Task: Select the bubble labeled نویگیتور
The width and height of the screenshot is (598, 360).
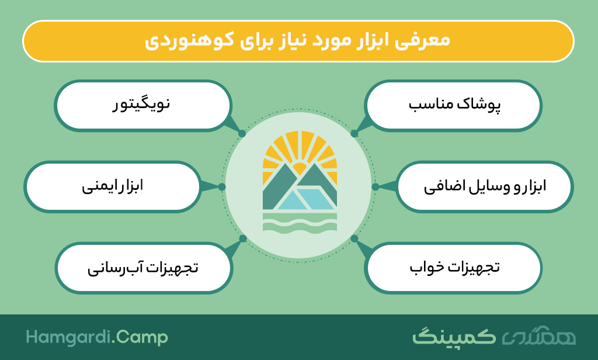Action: click(x=142, y=105)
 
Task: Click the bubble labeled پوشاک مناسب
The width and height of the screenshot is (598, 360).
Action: click(x=453, y=105)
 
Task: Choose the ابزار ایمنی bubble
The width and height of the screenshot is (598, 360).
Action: click(x=112, y=186)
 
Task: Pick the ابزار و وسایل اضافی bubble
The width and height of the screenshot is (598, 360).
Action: click(x=485, y=186)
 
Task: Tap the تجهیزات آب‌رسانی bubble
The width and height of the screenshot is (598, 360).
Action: click(x=144, y=268)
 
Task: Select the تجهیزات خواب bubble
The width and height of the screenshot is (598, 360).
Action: click(x=453, y=268)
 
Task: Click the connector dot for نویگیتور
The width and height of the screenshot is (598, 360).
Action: click(x=242, y=134)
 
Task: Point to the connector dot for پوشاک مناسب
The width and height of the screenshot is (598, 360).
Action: click(x=354, y=134)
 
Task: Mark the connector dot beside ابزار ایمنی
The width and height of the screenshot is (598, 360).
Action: click(x=222, y=186)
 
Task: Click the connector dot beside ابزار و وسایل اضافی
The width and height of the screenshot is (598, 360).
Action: click(x=376, y=186)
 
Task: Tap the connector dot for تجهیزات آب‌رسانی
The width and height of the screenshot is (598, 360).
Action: click(x=242, y=238)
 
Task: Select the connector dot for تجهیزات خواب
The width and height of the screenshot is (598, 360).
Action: click(x=354, y=238)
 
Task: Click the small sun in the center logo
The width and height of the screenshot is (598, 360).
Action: click(x=300, y=168)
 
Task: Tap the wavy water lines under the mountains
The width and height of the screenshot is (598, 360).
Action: click(x=300, y=223)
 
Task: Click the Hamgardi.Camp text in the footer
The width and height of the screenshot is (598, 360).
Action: click(x=97, y=338)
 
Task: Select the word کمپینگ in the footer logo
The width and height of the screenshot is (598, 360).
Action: click(x=454, y=337)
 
